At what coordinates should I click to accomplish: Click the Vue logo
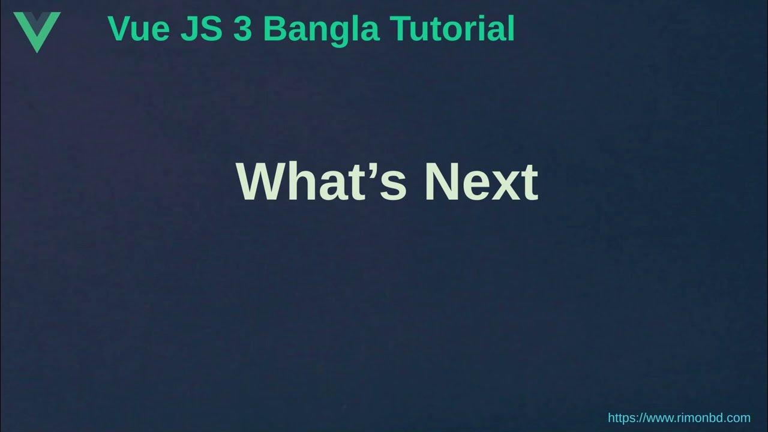pos(37,30)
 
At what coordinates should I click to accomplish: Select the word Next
pos(481,181)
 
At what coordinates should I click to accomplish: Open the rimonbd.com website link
pos(679,418)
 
